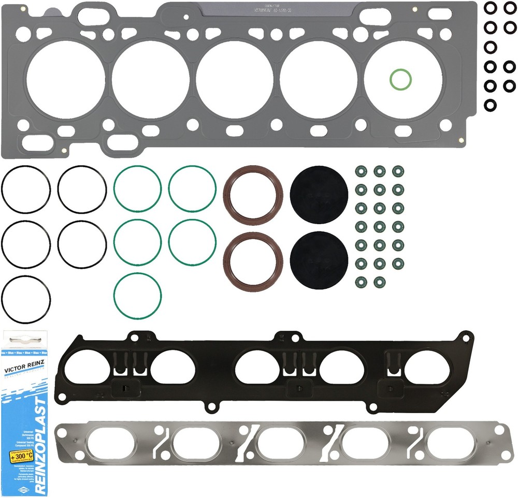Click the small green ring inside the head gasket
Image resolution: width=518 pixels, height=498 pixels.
400,79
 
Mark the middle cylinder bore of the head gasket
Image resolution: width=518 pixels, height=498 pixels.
234,79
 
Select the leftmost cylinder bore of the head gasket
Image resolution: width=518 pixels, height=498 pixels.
65,79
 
